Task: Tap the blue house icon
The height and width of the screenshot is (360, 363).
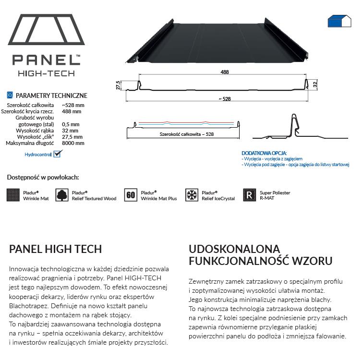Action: click(339, 21)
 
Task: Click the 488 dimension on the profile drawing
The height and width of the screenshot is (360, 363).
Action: click(224, 72)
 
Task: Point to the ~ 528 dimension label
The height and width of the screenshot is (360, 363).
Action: click(224, 99)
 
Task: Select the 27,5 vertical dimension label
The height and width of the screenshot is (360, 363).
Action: click(118, 85)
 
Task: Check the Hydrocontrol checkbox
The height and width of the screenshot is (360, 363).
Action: click(58, 154)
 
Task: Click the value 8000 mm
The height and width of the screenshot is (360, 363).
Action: click(73, 143)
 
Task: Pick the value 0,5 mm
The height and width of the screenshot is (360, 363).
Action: click(71, 124)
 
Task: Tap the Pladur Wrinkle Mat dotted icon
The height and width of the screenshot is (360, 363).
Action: click(13, 195)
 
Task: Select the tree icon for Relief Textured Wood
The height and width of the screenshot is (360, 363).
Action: click(62, 195)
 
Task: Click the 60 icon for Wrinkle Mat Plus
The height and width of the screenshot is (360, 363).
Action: click(131, 195)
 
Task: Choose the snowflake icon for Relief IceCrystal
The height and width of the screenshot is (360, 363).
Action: click(192, 195)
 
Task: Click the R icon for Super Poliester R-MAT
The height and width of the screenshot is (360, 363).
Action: click(249, 195)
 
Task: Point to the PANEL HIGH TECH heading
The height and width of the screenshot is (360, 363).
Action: click(56, 249)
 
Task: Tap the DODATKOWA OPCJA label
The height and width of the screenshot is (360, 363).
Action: click(260, 153)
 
